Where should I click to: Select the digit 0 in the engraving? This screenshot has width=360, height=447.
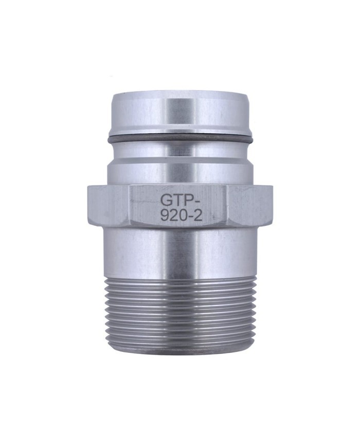pos(181,217)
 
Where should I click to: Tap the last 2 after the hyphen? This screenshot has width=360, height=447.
pos(196,217)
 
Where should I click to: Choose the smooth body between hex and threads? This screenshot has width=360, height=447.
pos(180,252)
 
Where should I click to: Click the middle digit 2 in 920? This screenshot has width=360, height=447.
pos(173,217)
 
